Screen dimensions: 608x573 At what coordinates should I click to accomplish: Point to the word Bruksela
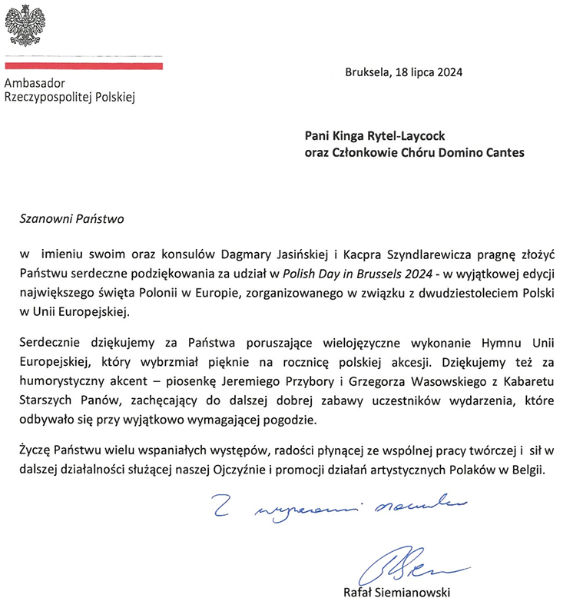click(x=368, y=74)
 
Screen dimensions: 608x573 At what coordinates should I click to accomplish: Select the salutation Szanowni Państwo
click(x=71, y=218)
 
